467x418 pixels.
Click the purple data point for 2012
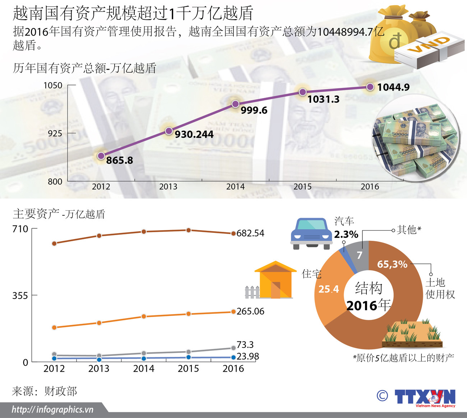(101, 156)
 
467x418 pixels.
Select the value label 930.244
(194, 134)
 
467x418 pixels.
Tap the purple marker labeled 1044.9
(370, 87)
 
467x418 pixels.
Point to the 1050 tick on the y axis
(53, 86)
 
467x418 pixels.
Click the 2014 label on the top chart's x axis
(235, 187)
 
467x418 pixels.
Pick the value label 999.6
(254, 110)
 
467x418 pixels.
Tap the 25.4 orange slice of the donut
(328, 289)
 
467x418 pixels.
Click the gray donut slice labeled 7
(360, 255)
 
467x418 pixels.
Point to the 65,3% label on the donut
(392, 265)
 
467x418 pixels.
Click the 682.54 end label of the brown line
(250, 233)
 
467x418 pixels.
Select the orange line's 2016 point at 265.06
(233, 312)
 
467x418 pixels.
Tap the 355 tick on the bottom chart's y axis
(20, 296)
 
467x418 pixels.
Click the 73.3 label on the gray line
(245, 345)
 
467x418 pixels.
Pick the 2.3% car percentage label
(346, 234)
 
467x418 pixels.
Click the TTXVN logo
(425, 398)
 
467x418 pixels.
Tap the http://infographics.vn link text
(52, 409)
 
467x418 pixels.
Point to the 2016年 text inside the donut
(369, 306)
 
